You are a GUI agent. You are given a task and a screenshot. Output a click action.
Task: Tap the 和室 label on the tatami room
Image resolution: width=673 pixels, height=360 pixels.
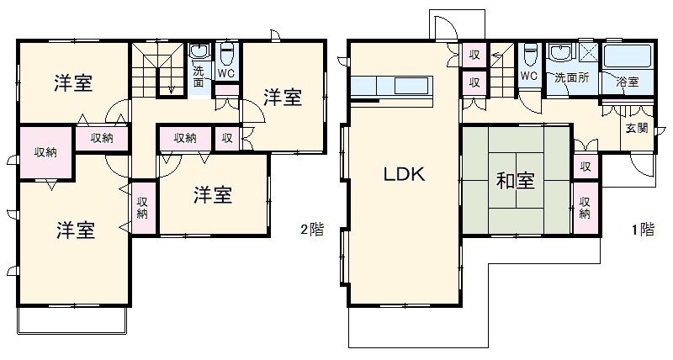click(x=511, y=181)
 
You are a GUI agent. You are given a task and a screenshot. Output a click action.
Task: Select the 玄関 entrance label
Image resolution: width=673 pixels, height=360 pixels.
click(x=636, y=129)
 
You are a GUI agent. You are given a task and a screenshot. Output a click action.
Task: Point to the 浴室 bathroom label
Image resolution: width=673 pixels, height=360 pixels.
click(x=627, y=82)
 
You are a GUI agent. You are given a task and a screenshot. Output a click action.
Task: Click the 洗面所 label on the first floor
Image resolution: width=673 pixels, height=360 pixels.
click(x=571, y=77)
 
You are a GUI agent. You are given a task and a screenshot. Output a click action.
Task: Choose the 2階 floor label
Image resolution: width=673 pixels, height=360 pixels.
click(x=311, y=229)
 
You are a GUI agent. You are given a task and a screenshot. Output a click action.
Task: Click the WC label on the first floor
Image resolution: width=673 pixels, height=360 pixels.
click(x=528, y=77)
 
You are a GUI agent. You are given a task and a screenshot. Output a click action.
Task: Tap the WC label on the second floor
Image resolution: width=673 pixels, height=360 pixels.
click(x=225, y=72)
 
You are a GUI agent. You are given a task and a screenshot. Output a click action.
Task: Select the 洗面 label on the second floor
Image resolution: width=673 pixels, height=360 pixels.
click(x=199, y=77)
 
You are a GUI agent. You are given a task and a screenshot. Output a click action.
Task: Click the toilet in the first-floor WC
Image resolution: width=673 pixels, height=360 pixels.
click(x=528, y=56)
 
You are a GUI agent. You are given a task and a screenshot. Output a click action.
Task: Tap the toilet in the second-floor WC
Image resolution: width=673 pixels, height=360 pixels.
click(x=225, y=53)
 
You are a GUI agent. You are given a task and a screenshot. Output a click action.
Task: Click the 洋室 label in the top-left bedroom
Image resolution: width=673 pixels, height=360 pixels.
click(x=73, y=82)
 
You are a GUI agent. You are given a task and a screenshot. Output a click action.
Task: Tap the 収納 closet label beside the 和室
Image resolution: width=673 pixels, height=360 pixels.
click(x=585, y=206)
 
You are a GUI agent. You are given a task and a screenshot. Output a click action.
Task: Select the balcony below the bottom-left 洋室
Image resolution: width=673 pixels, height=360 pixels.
click(x=72, y=320)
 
